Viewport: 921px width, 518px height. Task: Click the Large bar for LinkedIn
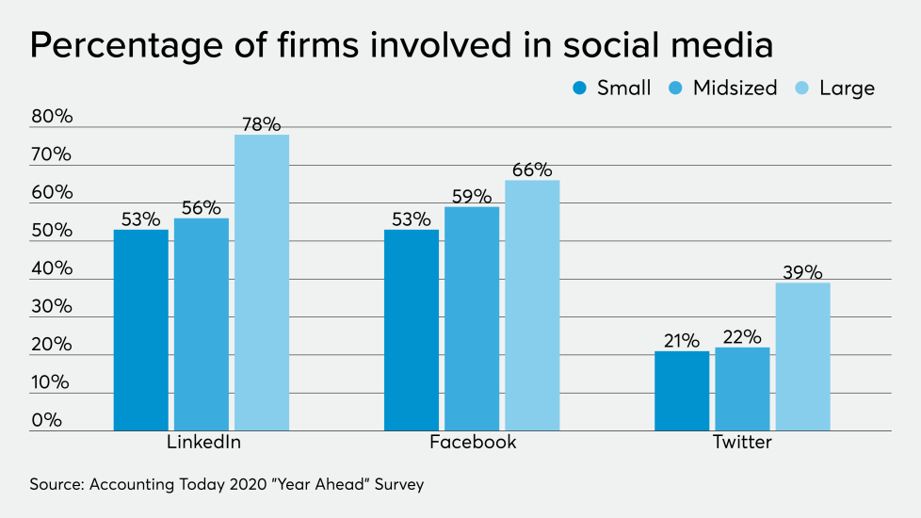[x=262, y=283]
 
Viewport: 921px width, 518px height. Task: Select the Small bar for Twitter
[x=682, y=391]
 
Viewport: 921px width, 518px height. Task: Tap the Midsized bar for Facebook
[x=472, y=318]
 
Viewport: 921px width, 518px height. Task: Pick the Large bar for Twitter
[x=802, y=356]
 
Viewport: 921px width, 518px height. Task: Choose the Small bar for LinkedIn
[x=141, y=330]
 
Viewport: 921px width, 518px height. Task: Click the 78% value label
[x=262, y=124]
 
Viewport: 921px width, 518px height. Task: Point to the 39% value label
[x=802, y=272]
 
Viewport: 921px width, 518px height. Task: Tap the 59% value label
[x=472, y=196]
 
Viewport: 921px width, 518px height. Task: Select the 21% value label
[x=682, y=340]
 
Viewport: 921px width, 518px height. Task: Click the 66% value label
[x=532, y=170]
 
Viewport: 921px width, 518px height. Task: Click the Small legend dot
[x=579, y=89]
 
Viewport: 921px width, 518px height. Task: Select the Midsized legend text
[x=735, y=88]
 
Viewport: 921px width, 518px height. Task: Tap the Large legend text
[x=847, y=89]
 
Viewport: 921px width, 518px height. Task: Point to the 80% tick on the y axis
[x=51, y=117]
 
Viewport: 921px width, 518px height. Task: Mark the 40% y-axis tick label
[x=51, y=268]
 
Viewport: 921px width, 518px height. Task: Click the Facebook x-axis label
[x=473, y=443]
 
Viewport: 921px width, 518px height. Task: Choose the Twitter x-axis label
[x=742, y=443]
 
